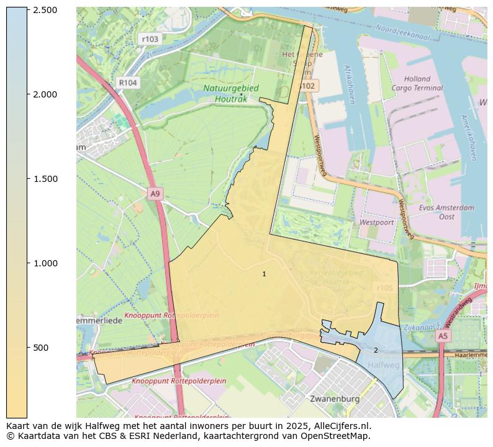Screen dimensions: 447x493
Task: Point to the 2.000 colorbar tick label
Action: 44,94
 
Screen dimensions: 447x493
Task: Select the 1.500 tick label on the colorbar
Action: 44,179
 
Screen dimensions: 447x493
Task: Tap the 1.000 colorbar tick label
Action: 44,263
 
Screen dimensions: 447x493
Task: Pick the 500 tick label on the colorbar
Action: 41,348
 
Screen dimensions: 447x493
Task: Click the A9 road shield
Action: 155,194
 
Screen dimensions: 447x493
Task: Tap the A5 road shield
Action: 441,336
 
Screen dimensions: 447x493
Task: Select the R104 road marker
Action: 127,83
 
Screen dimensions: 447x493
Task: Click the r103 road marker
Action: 150,39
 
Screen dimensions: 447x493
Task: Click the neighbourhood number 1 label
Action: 264,274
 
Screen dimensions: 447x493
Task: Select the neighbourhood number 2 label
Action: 376,350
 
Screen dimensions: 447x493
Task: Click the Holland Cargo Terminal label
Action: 417,83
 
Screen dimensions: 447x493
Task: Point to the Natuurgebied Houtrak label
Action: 230,93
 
